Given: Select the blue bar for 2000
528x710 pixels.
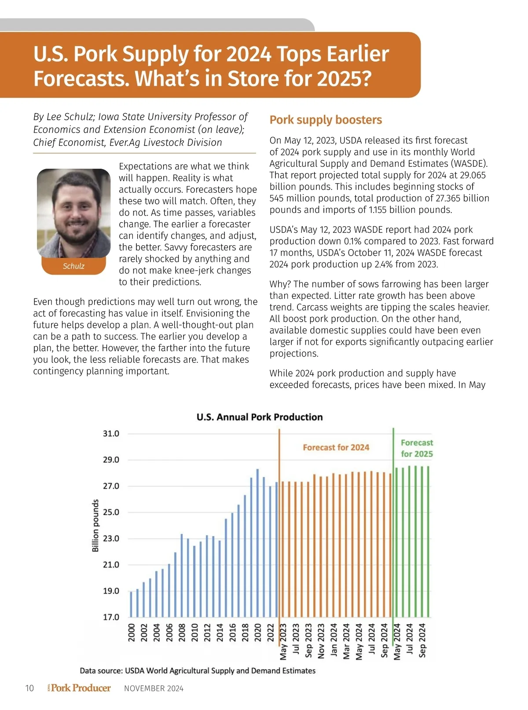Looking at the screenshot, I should click(131, 604).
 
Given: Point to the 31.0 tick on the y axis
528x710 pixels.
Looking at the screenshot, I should click(111, 434).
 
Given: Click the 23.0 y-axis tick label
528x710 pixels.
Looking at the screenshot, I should click(111, 538).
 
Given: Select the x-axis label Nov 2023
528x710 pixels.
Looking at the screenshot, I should click(321, 641).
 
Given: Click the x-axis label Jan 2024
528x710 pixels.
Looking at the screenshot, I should click(334, 641).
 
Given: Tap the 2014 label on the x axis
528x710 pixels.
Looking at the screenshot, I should click(220, 633).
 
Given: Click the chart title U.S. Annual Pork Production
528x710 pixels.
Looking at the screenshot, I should click(260, 417).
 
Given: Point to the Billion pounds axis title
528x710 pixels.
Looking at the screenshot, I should click(95, 526).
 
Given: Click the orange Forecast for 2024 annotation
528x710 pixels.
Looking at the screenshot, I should click(336, 447).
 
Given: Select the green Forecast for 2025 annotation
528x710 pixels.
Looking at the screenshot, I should click(417, 448).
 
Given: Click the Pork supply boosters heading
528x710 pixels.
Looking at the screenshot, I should click(326, 120).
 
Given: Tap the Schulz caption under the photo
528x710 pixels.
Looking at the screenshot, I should click(73, 266).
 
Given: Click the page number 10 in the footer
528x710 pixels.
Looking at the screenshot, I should click(29, 688).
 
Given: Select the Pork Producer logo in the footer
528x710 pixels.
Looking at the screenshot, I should click(80, 688).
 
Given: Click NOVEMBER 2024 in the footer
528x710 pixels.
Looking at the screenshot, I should click(154, 688).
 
